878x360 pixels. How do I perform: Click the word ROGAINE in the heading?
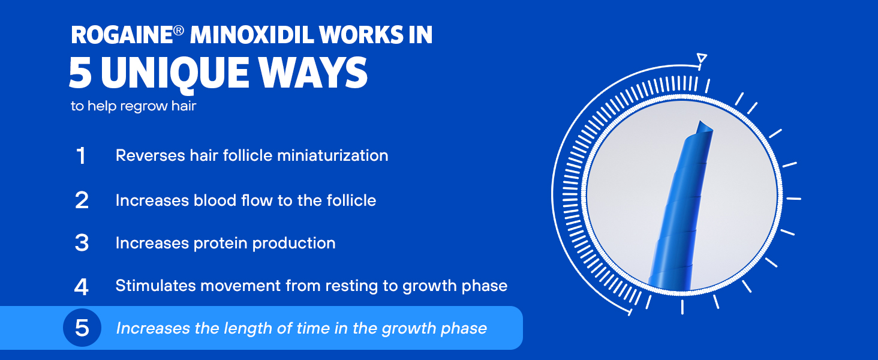tap(122, 35)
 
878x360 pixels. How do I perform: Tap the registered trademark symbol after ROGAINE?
tap(178, 31)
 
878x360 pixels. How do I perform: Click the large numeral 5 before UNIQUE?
tap(80, 73)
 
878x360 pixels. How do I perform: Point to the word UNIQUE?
tap(175, 74)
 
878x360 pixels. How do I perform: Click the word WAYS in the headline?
tap(313, 73)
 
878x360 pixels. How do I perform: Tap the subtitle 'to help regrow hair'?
tap(133, 106)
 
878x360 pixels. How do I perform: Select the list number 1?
tap(81, 156)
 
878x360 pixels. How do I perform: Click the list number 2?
tap(82, 200)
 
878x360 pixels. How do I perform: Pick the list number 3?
tap(82, 243)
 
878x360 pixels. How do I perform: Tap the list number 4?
tap(81, 287)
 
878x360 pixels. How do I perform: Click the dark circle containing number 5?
tap(82, 328)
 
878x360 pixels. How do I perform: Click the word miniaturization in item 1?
tap(333, 155)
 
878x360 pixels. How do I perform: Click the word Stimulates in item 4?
tap(155, 286)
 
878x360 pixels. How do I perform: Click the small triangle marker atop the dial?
tap(702, 58)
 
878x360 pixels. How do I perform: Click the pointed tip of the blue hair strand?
tap(700, 122)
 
